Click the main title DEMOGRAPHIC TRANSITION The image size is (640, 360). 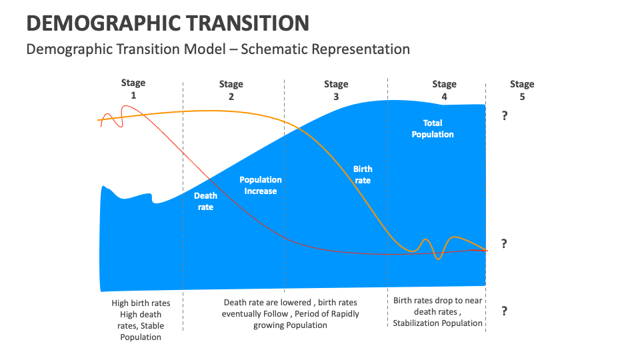167,23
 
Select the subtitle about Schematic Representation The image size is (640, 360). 217,49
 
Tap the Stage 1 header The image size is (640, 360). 133,89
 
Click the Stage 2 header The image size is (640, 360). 231,90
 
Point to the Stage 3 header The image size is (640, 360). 336,90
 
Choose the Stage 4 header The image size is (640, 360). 444,90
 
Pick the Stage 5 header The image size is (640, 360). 522,90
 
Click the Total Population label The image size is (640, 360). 432,129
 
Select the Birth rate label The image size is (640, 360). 363,175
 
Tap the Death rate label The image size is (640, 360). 205,201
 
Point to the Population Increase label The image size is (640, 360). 260,185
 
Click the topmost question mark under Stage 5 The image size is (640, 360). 505,116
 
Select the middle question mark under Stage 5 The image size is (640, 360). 505,244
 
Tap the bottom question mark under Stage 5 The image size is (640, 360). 505,311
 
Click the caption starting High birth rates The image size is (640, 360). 141,320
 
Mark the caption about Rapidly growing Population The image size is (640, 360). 290,313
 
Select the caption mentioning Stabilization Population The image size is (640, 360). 437,312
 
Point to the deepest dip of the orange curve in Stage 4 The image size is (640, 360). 438,258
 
